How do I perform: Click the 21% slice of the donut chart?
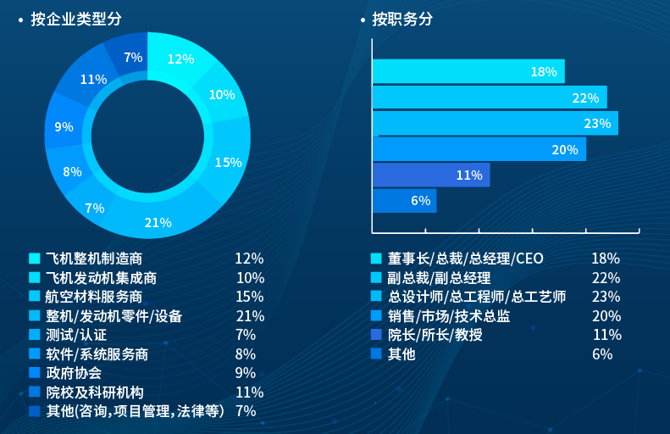point(158,222)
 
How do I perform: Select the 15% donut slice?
point(228,161)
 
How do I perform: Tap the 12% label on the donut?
point(180,58)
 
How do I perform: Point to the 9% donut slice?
point(64,126)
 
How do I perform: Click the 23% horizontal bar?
point(496,124)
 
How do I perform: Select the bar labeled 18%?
point(468,72)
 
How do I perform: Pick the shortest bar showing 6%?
point(405,201)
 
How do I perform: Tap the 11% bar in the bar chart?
point(431,175)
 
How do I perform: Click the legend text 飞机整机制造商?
point(93,259)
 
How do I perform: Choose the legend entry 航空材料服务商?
point(93,297)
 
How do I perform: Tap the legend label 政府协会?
point(73,373)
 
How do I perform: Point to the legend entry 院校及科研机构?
point(94,392)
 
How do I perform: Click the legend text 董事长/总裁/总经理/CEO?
point(466,259)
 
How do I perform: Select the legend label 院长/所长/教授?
point(435,335)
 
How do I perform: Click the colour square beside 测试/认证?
point(34,335)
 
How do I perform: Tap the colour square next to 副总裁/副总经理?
point(376,277)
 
